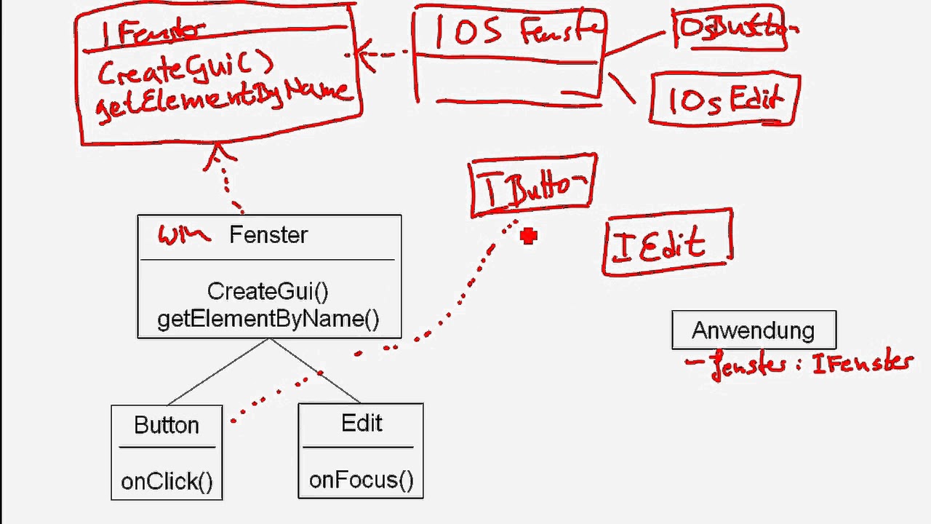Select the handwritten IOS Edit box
tap(724, 99)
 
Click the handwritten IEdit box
tap(667, 243)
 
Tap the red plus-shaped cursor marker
tap(529, 236)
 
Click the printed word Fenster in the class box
tap(268, 235)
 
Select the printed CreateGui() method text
tap(268, 291)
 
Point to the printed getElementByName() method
tap(268, 319)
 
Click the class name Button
tap(167, 425)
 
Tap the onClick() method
tap(167, 481)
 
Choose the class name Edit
tap(361, 424)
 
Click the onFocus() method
tap(361, 480)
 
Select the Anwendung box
tap(754, 330)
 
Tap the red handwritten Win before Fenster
tap(183, 235)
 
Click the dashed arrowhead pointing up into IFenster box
tap(219, 154)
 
